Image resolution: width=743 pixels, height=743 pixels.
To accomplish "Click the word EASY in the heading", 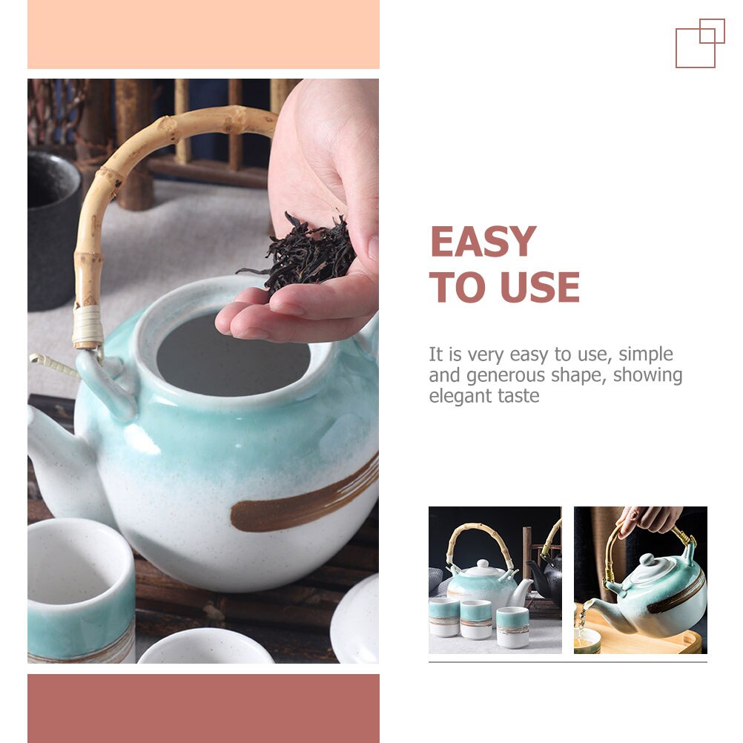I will [483, 242].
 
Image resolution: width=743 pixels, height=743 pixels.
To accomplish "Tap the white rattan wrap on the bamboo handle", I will [87, 327].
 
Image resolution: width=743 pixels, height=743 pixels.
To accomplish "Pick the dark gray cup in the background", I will [52, 230].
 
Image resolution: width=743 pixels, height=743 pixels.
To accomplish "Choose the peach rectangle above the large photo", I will [203, 34].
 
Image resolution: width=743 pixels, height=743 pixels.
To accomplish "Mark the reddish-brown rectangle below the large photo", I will [203, 708].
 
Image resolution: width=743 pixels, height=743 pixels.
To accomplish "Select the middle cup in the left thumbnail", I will [475, 619].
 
